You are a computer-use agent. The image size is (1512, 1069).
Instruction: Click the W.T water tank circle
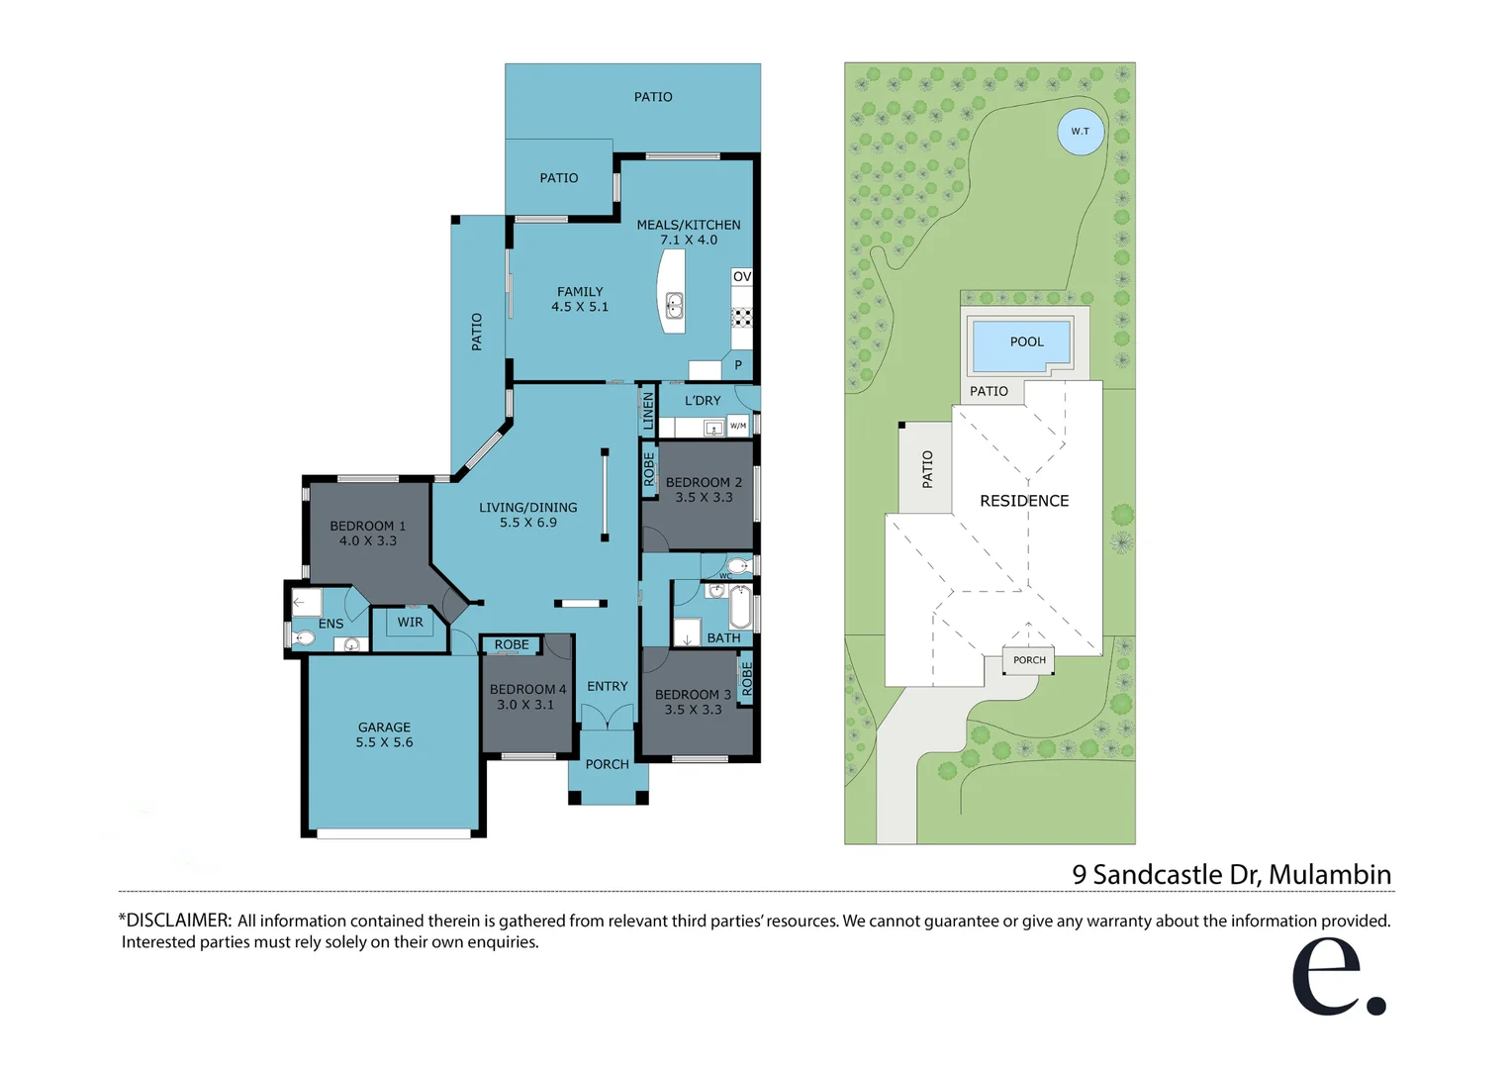[x=1080, y=132]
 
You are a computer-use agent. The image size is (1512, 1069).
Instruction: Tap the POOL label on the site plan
[x=1026, y=341]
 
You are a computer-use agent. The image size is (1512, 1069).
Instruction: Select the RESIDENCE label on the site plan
[x=1024, y=501]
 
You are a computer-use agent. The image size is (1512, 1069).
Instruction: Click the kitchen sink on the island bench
[x=674, y=305]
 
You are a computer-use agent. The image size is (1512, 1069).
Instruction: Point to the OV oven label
[x=742, y=276]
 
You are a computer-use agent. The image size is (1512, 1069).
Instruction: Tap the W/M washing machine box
[x=738, y=426]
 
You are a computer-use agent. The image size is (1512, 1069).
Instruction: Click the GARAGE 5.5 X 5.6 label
[x=384, y=734]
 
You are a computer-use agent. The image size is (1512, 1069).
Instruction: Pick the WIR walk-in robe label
[x=410, y=623]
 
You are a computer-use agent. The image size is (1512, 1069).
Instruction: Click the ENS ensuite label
[x=331, y=624]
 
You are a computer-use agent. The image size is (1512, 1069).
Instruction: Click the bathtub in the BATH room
[x=739, y=607]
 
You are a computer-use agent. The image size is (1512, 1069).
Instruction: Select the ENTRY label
[x=607, y=686]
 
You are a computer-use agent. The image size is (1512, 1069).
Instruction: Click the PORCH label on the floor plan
[x=607, y=764]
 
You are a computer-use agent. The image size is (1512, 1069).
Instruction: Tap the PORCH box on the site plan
[x=1029, y=660]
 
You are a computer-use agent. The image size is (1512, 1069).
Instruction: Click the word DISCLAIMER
[x=178, y=921]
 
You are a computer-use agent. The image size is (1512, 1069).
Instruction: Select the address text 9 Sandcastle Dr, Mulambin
[x=1231, y=875]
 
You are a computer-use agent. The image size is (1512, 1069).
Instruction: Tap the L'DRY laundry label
[x=703, y=401]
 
